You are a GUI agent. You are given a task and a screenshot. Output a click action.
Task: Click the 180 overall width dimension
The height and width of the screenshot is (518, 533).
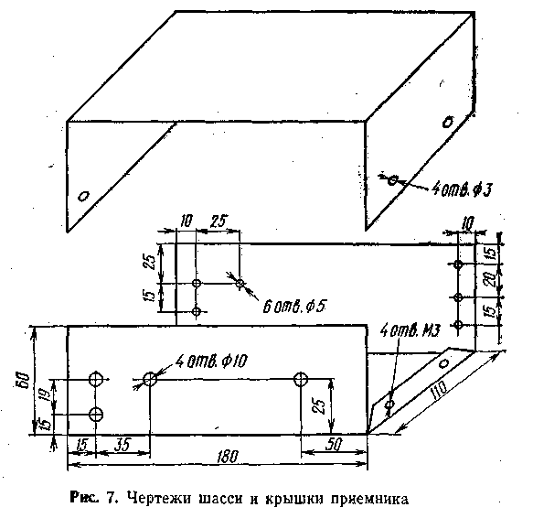[228, 457]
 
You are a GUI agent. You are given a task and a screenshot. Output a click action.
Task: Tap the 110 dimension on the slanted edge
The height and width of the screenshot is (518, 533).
[439, 391]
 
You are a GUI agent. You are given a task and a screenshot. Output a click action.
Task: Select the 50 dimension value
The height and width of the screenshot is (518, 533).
[334, 445]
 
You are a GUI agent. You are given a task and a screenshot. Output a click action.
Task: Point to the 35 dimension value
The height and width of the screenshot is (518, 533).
[123, 445]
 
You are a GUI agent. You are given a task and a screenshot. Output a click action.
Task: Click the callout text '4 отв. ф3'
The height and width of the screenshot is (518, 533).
[462, 189]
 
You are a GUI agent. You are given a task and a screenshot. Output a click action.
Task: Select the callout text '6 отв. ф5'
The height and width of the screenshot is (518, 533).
[294, 307]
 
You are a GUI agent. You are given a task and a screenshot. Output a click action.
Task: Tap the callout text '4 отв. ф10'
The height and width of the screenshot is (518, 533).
[212, 361]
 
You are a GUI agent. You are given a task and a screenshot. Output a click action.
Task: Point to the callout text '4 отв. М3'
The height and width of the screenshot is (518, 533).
[410, 330]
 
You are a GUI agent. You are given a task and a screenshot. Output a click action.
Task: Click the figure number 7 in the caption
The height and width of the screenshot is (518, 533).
[111, 498]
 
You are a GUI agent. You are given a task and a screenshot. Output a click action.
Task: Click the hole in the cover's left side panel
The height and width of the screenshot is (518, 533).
[83, 197]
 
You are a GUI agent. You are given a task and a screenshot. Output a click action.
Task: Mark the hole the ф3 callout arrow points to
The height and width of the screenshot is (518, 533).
[392, 179]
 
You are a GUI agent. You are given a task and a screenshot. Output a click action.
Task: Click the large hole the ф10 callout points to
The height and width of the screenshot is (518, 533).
[150, 379]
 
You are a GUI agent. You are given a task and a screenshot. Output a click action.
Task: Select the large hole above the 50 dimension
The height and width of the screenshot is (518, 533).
[301, 379]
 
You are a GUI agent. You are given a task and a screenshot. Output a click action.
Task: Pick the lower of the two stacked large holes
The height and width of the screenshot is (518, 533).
[96, 415]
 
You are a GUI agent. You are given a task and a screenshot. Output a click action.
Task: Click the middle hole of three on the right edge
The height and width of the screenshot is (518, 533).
[458, 297]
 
